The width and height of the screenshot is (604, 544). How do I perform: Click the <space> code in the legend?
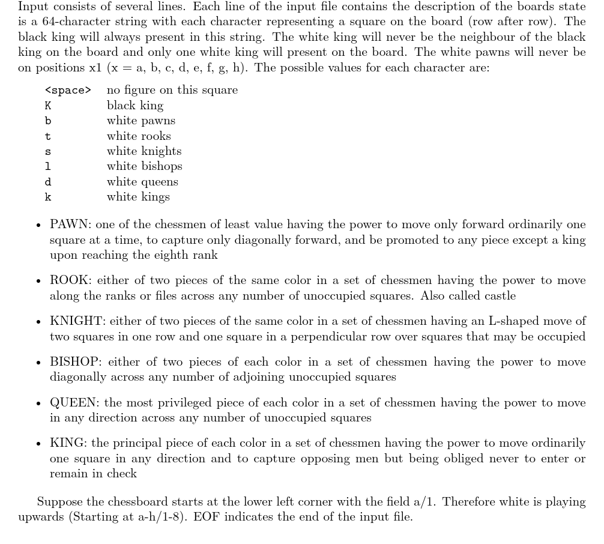click(x=68, y=90)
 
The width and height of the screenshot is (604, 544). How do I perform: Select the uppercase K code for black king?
click(x=48, y=106)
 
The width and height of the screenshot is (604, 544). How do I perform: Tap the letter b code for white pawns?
click(x=48, y=121)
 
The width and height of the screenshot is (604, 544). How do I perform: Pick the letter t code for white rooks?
click(x=48, y=136)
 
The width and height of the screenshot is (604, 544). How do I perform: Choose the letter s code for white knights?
click(x=48, y=151)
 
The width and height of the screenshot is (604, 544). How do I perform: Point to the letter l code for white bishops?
click(x=48, y=166)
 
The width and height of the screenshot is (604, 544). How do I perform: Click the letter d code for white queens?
click(x=48, y=182)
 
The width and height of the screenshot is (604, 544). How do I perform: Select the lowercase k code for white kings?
click(x=48, y=197)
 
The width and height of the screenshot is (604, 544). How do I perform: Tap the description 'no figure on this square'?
click(x=172, y=90)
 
